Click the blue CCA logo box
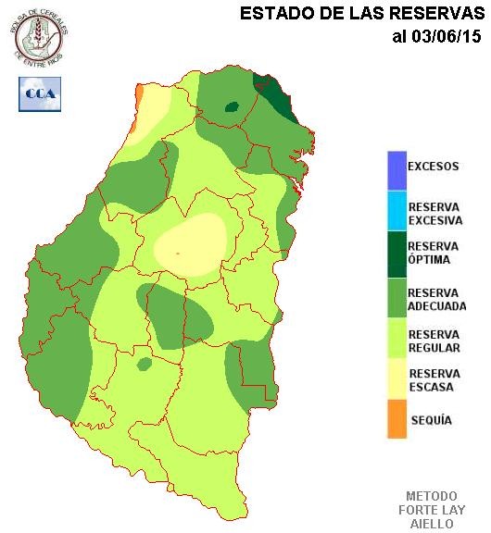[x=38, y=93]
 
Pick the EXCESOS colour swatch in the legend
[x=397, y=168]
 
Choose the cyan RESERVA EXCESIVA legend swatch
[x=397, y=212]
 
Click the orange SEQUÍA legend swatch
[x=397, y=420]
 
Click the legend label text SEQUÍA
[x=430, y=420]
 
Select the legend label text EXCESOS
[x=434, y=167]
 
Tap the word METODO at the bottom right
[x=432, y=496]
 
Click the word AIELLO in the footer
[x=432, y=523]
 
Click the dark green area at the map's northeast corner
[x=277, y=97]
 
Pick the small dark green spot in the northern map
[x=232, y=107]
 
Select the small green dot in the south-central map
[x=144, y=365]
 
